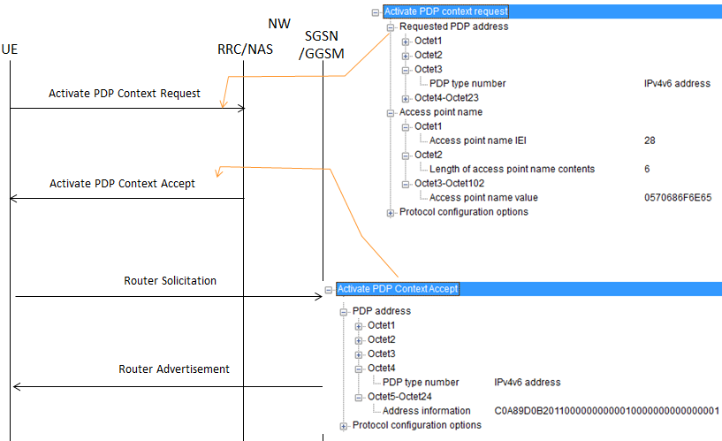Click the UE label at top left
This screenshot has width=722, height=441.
point(11,49)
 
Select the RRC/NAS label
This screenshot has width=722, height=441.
point(245,49)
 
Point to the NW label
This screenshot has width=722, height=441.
point(279,21)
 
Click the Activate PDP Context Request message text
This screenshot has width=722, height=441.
point(125,93)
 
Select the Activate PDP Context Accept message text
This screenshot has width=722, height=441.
point(122,184)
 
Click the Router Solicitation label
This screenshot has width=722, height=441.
point(170,280)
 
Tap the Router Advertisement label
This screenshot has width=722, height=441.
point(174,369)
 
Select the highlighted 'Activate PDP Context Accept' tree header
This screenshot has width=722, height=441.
point(398,289)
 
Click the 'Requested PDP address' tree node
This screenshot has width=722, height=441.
point(453,27)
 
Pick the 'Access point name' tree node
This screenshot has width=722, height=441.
point(440,112)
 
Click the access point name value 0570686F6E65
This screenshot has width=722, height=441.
point(678,198)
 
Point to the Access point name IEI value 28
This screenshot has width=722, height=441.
point(650,141)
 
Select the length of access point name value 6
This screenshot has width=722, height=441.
point(648,169)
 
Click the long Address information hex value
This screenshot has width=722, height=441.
point(607,411)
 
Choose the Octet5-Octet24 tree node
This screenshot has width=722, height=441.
point(400,397)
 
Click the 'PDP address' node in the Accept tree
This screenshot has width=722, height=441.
point(381,311)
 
